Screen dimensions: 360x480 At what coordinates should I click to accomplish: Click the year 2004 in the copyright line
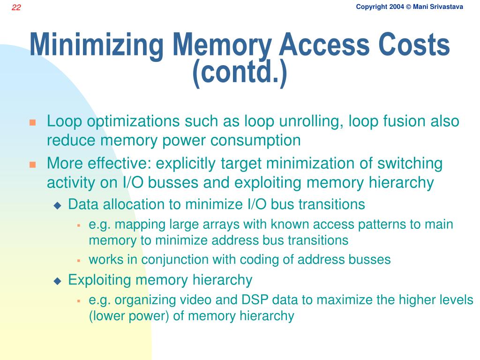396,7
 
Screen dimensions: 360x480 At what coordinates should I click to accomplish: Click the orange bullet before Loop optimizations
32,123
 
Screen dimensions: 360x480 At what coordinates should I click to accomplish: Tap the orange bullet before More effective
32,165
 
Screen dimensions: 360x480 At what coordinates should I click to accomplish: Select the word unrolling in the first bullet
301,121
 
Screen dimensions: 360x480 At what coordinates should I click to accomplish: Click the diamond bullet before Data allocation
58,205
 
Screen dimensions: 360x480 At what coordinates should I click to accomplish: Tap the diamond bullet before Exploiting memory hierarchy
58,281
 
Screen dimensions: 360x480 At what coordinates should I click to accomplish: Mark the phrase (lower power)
129,316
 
